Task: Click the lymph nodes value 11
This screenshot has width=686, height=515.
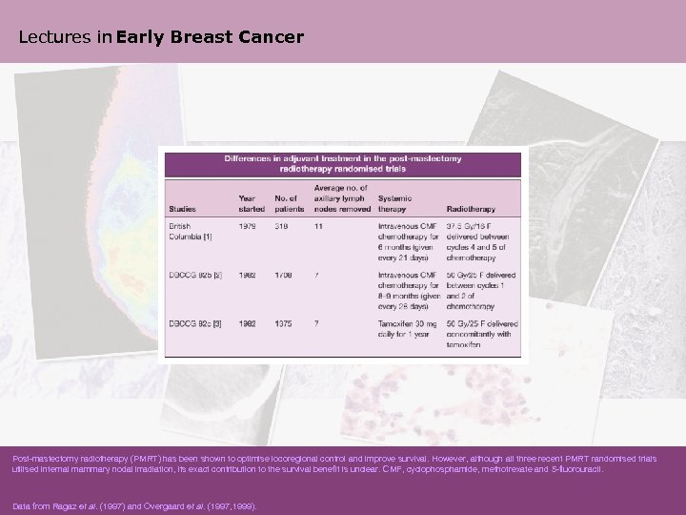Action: (x=318, y=226)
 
